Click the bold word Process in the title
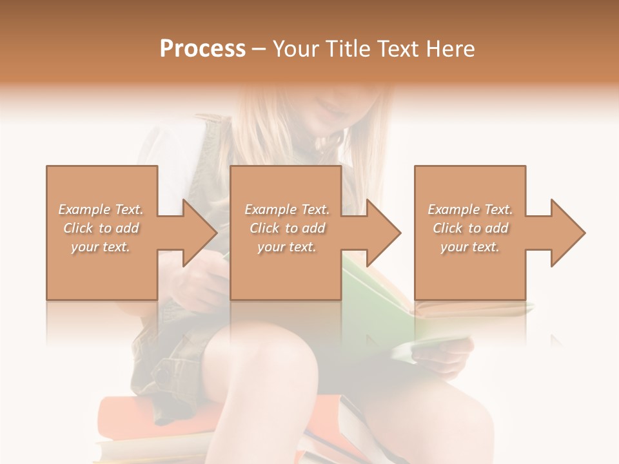click(202, 48)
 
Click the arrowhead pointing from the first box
click(197, 233)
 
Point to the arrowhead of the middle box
click(381, 233)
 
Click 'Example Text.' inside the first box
click(101, 209)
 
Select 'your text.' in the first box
click(101, 247)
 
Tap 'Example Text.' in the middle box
click(287, 209)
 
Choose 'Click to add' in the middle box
click(287, 228)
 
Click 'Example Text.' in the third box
click(470, 209)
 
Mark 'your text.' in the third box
click(470, 247)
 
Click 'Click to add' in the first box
click(101, 228)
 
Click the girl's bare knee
click(258, 361)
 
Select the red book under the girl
click(129, 419)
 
